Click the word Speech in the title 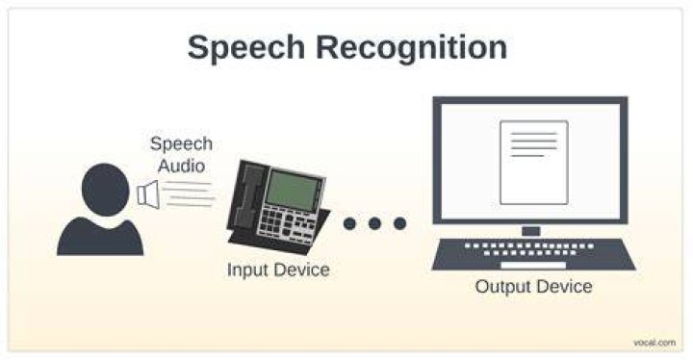[246, 48]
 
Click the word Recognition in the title [412, 47]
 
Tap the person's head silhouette [105, 190]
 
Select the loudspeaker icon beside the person [148, 194]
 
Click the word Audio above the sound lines [181, 167]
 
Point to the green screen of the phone [293, 191]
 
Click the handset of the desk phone [246, 194]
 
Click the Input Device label [278, 270]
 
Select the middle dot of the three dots [374, 223]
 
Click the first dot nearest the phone [349, 223]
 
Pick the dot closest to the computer [400, 223]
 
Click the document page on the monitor [534, 163]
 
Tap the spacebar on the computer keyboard [533, 266]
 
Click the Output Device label [534, 286]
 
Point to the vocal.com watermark [654, 343]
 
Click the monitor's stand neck [530, 231]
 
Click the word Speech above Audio [181, 144]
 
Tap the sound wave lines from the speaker [188, 194]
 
